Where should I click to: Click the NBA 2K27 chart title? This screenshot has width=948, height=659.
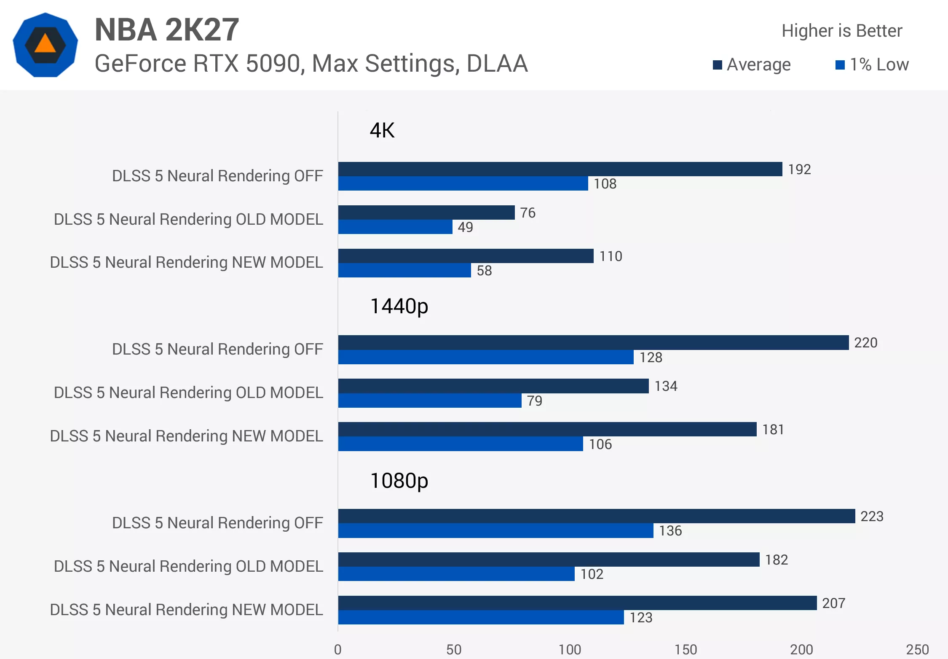167,30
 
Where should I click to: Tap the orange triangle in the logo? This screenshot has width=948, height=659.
45,44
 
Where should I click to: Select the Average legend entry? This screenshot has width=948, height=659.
752,65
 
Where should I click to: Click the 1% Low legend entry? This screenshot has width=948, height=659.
872,65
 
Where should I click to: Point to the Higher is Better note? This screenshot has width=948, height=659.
842,31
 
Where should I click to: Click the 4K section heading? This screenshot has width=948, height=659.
382,130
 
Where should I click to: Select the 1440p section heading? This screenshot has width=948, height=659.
399,307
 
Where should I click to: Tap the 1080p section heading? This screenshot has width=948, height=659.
399,481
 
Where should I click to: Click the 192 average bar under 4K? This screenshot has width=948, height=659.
560,169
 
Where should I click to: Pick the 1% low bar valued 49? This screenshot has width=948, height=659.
395,227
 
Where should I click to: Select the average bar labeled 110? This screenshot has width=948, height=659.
466,256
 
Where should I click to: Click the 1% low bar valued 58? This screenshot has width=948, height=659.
404,270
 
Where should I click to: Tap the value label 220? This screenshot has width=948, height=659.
866,343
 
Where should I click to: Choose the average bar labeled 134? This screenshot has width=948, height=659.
493,386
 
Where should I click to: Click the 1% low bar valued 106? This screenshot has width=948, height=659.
461,444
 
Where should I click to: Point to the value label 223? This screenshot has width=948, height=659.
872,516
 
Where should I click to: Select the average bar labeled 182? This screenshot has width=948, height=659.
549,559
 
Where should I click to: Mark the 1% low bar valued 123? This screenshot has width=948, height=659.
481,617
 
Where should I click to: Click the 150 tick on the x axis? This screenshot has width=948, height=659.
686,649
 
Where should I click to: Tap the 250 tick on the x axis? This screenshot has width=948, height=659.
917,649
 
